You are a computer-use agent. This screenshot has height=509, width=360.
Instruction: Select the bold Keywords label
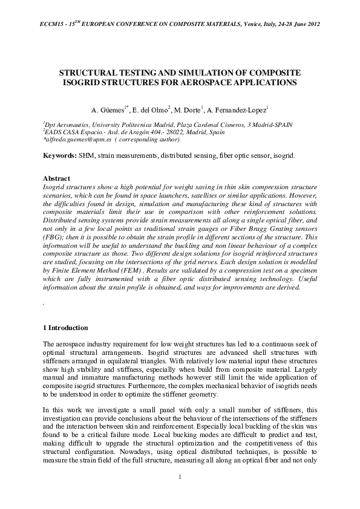[59, 155]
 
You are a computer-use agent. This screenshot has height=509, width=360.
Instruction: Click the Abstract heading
[57, 179]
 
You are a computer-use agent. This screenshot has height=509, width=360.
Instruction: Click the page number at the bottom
[180, 478]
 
